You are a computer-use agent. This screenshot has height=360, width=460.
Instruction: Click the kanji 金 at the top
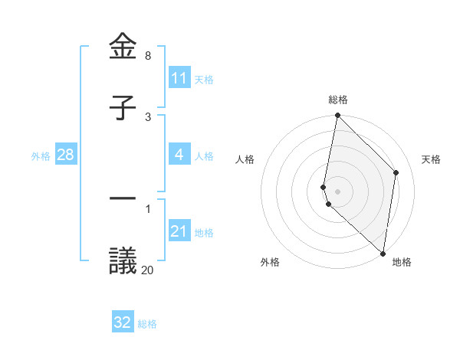click(x=123, y=47)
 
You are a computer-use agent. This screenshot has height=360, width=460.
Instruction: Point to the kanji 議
click(x=123, y=260)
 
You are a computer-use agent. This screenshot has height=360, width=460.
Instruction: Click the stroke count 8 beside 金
click(x=148, y=56)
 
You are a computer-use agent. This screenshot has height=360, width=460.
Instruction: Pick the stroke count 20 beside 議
click(x=148, y=270)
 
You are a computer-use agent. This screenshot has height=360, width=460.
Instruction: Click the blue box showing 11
click(x=179, y=78)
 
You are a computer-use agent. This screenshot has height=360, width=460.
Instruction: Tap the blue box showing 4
click(x=179, y=155)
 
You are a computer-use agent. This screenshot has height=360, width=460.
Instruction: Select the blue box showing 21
click(x=179, y=231)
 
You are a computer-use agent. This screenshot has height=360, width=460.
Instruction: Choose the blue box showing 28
click(x=66, y=155)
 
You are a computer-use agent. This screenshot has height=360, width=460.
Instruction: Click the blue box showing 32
click(x=123, y=322)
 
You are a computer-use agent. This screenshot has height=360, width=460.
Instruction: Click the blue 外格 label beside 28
click(x=41, y=156)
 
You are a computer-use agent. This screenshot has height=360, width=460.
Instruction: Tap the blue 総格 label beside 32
click(x=147, y=324)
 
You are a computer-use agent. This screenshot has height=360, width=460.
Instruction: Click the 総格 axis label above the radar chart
click(x=338, y=100)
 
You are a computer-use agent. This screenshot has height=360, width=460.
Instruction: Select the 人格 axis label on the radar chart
click(x=245, y=159)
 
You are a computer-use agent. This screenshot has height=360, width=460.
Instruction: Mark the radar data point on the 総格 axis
click(x=337, y=116)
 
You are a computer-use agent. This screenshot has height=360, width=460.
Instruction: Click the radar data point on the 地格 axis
click(x=383, y=254)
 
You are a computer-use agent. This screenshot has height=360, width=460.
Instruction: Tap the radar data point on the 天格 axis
click(x=396, y=172)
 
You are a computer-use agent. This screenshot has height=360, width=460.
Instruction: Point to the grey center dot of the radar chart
click(x=337, y=191)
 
